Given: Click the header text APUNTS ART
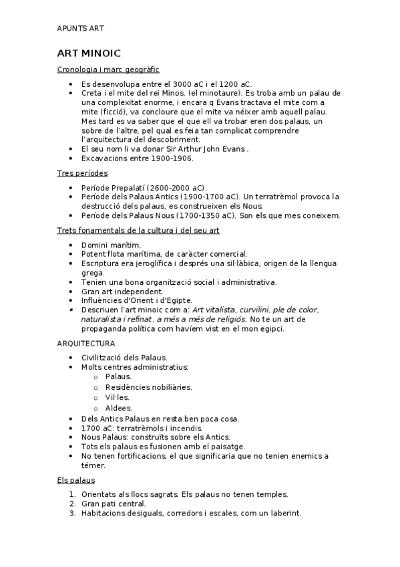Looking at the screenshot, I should coord(81,29).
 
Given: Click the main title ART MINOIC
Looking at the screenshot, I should coord(89,53).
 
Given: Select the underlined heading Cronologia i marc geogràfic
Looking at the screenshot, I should coord(108,69).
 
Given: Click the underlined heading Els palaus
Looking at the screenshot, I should coord(76,480).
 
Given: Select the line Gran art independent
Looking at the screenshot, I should coord(122,292).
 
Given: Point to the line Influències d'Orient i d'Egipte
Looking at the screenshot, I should coord(136,301).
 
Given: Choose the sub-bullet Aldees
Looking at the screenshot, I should coord(119,408).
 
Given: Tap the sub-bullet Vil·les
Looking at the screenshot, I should coord(118,397).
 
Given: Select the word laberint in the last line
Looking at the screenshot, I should coord(284,513).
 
